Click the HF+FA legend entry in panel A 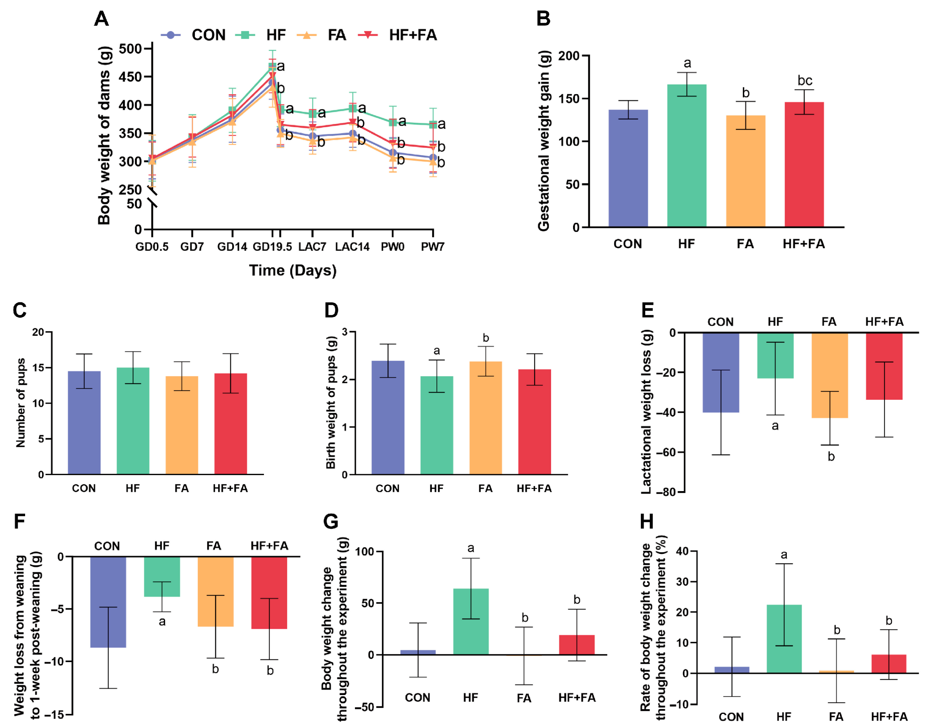(412, 35)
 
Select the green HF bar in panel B (686, 156)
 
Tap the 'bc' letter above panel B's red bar (804, 80)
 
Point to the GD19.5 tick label (272, 247)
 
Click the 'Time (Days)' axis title (293, 270)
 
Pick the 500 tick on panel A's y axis (130, 49)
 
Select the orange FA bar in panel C (182, 424)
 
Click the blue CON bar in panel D (388, 417)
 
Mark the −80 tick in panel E (666, 492)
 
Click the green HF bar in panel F (162, 576)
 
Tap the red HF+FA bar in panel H (888, 664)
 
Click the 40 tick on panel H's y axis (682, 551)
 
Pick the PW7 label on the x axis (433, 247)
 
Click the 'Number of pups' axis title (20, 403)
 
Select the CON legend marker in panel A (171, 35)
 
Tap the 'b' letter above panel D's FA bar (486, 338)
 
